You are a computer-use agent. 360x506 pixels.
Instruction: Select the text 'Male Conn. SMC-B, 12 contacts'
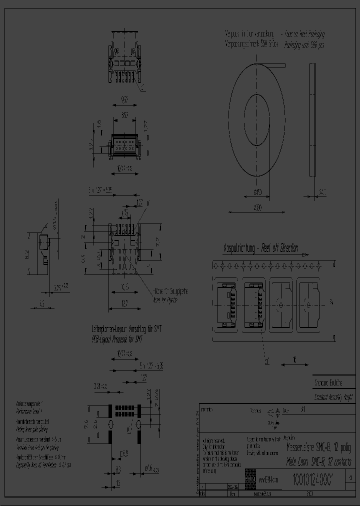[318, 461]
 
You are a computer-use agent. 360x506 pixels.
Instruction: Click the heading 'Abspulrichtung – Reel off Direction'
[260, 248]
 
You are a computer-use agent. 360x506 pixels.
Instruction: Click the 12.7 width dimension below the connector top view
[124, 301]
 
